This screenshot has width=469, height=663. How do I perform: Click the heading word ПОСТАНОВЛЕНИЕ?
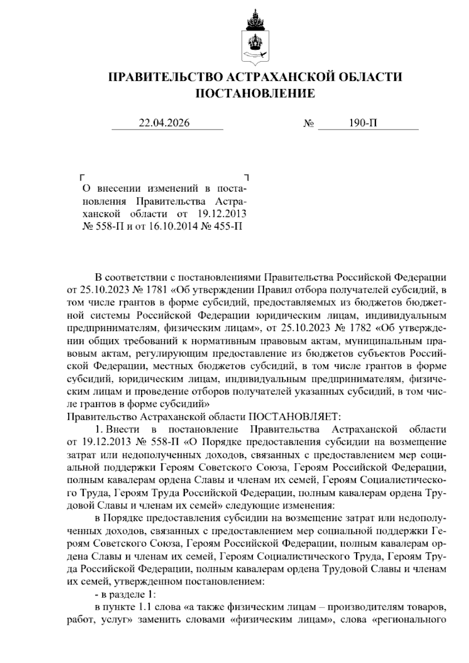[x=255, y=93]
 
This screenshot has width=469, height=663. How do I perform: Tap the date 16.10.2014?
[x=168, y=226]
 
